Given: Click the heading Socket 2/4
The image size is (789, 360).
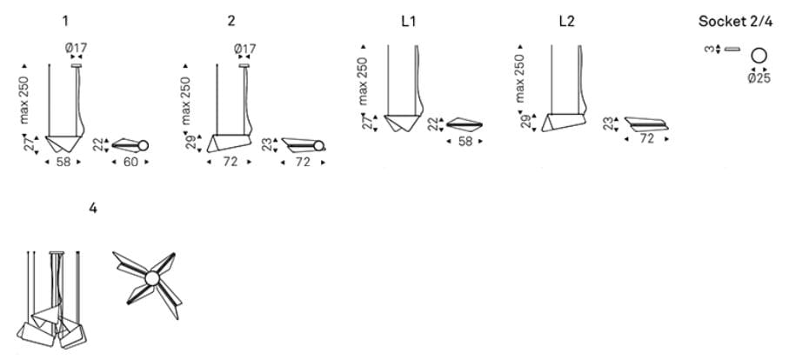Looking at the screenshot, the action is coord(735,22).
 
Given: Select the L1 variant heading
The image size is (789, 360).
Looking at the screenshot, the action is coord(409,22).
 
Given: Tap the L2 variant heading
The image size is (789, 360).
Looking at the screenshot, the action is coord(566,22).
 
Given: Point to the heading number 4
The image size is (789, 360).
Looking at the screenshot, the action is coord(92,208).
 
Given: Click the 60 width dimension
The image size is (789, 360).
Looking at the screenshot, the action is coord(130,162).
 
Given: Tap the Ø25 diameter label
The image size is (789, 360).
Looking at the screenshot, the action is coord(759,78).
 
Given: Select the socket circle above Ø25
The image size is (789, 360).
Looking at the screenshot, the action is coord(759,56).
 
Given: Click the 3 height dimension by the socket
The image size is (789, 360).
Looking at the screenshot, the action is coord(709,50).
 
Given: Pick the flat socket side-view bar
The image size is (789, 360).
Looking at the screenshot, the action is coord(732,50).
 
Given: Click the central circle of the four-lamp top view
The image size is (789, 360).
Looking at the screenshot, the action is coord(152,278).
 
